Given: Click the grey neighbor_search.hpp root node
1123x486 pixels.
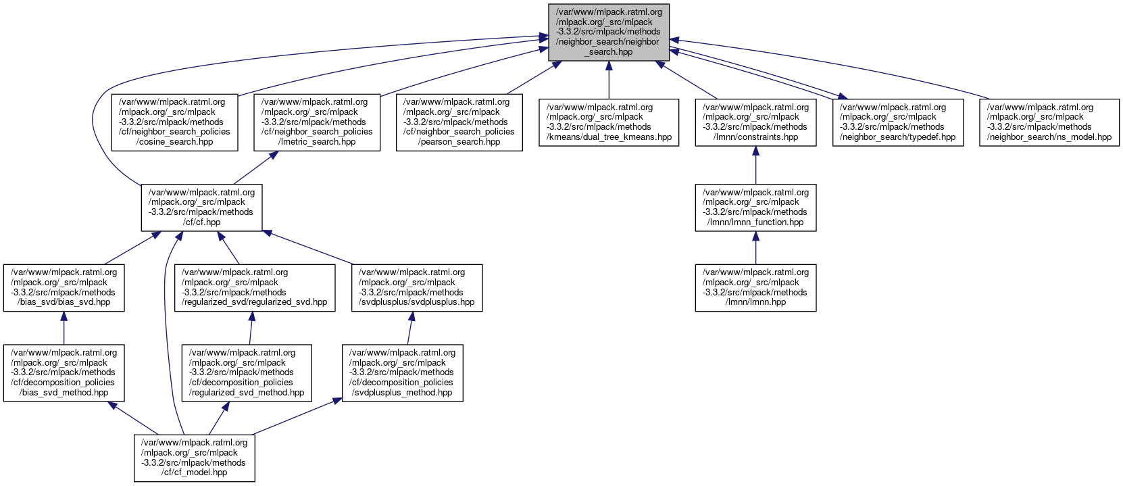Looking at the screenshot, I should click(608, 31).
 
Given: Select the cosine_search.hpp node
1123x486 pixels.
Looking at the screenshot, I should click(174, 122).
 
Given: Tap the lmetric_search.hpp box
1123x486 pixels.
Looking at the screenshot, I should click(317, 122).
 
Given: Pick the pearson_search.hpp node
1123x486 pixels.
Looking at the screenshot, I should click(459, 122).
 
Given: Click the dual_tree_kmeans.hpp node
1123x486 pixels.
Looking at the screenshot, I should click(609, 122).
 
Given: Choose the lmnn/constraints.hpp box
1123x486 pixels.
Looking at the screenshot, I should click(755, 122).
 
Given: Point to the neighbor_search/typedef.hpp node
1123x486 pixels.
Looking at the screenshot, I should click(897, 122).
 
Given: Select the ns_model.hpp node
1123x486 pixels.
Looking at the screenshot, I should click(1049, 122).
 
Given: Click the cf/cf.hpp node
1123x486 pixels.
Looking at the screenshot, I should click(201, 207).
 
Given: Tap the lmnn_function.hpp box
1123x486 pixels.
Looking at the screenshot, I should click(755, 207).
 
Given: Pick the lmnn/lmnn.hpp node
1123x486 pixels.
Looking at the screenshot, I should click(755, 287).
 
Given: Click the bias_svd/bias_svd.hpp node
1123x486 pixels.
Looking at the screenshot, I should click(64, 287).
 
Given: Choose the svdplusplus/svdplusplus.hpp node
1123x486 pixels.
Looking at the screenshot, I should click(417, 287).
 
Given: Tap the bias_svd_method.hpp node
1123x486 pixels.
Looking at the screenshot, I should click(64, 372).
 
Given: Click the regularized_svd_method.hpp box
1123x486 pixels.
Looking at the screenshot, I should click(247, 372).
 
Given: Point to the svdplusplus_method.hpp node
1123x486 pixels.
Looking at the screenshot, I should click(403, 372).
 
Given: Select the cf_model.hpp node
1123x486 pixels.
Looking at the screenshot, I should click(194, 458).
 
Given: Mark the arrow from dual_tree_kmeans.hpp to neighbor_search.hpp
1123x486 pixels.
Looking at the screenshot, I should click(609, 80).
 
